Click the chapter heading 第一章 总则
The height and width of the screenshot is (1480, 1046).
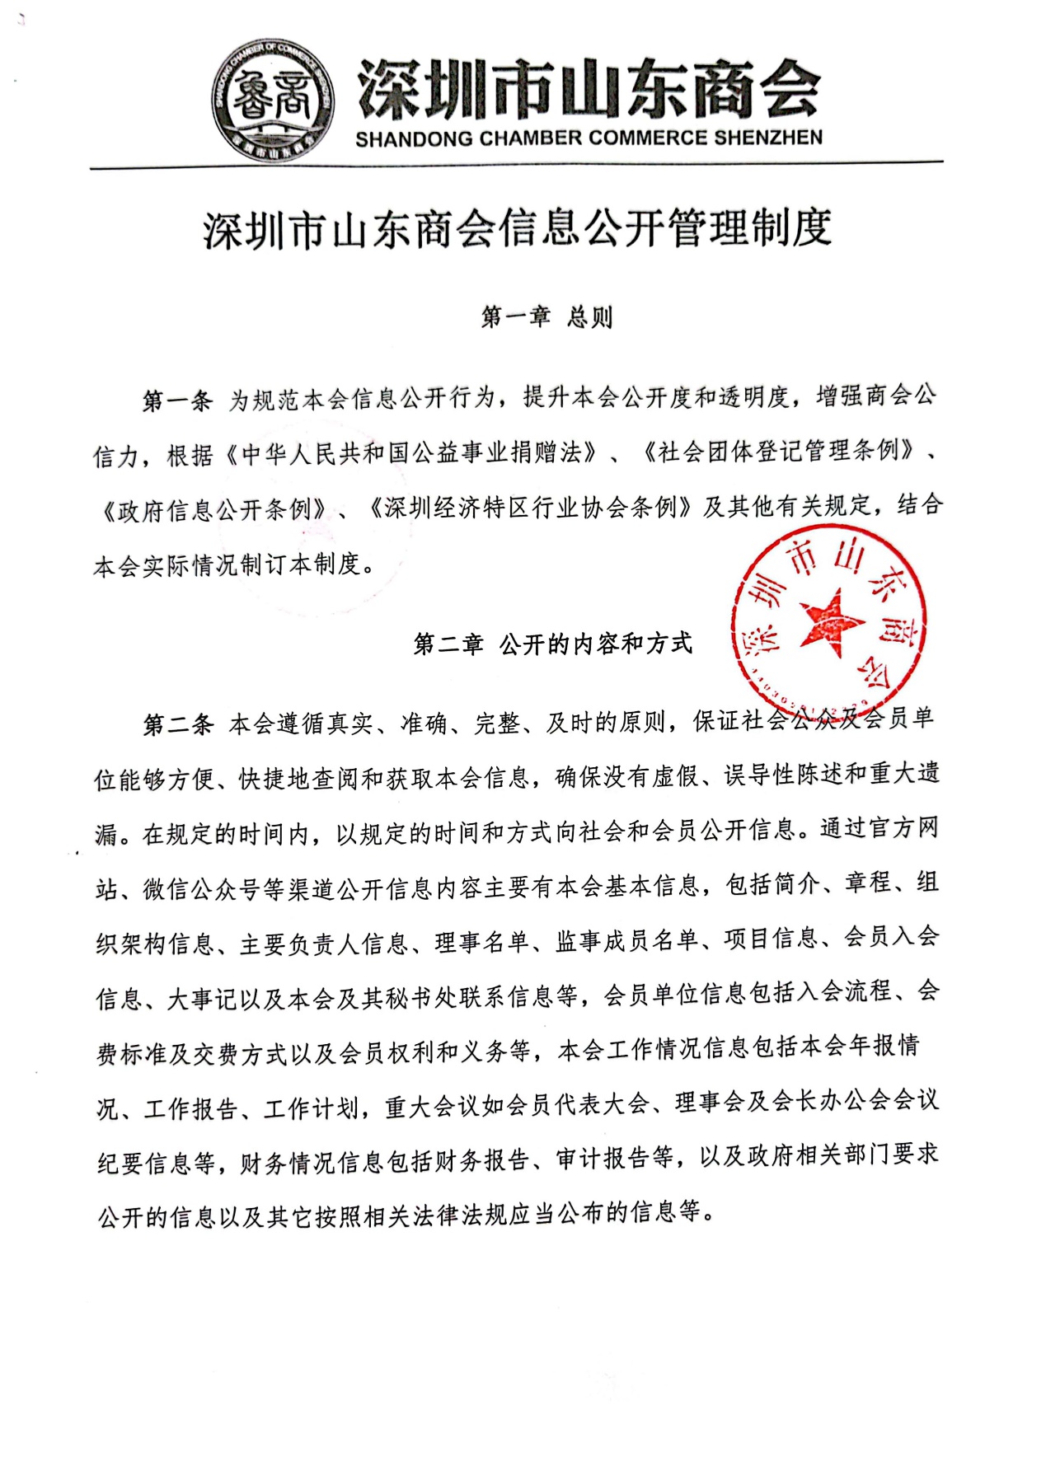pos(546,317)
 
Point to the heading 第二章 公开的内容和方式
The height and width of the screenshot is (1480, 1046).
pos(552,644)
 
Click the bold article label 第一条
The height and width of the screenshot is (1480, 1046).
pos(177,400)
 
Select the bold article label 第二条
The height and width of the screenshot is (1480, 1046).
pos(178,724)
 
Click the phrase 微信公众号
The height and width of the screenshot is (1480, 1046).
pos(203,888)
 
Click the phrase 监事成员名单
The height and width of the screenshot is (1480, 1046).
pos(627,941)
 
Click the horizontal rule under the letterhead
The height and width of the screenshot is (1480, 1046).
pos(517,166)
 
